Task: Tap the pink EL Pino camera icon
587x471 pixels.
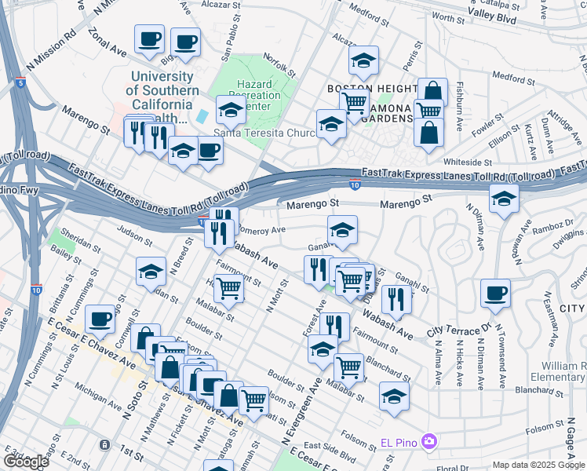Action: pos(428,443)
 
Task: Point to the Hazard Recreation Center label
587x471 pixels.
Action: pos(253,96)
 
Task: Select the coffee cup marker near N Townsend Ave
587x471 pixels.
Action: pos(494,294)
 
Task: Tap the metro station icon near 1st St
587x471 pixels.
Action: pos(104,445)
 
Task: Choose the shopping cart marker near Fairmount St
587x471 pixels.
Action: pos(228,289)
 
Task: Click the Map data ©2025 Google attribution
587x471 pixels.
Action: pos(538,465)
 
